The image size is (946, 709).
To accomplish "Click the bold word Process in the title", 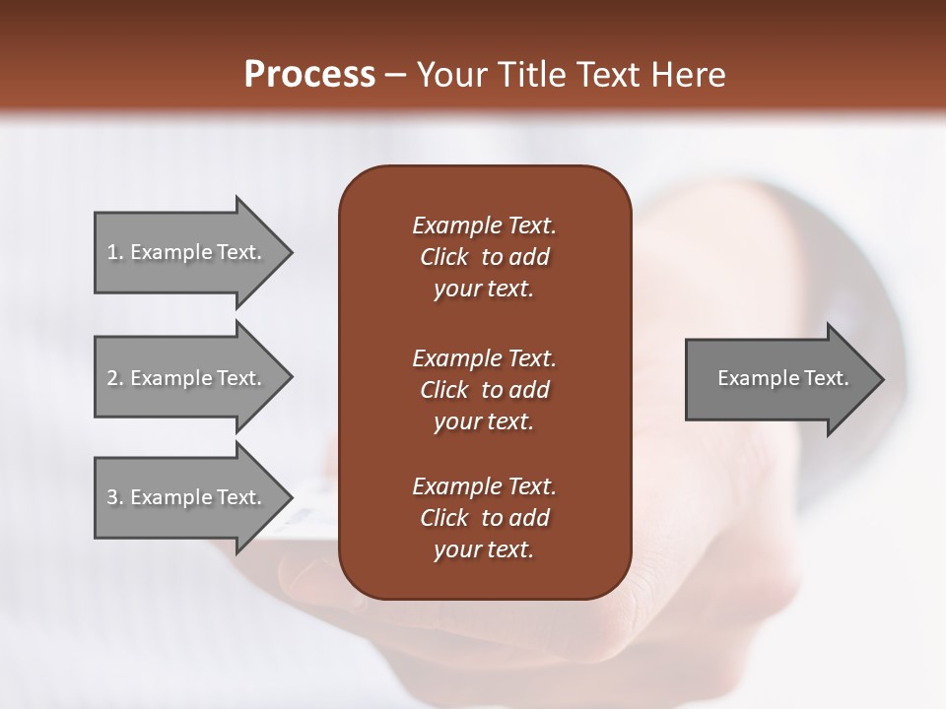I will (309, 74).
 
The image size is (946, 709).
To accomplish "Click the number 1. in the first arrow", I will (115, 252).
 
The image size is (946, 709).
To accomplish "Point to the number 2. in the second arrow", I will (115, 378).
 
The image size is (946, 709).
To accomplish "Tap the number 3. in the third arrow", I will (115, 497).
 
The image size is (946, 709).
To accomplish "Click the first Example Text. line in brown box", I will (484, 226).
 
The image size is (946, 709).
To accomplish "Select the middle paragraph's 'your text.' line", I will (484, 421).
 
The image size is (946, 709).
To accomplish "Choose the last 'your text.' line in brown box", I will (484, 549).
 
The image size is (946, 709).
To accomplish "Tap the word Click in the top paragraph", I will (444, 257).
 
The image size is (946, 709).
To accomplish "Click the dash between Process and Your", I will (396, 75).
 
